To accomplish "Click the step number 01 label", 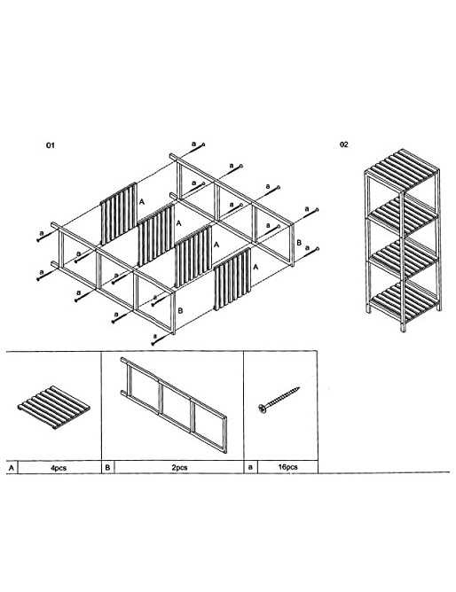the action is tap(51, 145).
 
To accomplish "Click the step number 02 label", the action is tap(344, 144).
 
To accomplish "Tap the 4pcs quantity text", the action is tap(59, 468).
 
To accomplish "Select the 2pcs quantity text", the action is tap(179, 467).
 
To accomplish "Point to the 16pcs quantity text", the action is tap(287, 467).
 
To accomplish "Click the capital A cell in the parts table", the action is tap(12, 468).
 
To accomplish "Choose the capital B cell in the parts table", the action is tap(107, 467).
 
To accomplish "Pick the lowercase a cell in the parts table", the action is tap(250, 467).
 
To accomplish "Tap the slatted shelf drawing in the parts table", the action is tap(54, 408).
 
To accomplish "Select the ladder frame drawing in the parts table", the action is tap(174, 405).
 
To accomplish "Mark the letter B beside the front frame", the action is tap(180, 311).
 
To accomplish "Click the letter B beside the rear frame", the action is tap(299, 243).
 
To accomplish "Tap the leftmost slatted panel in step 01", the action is tap(119, 214).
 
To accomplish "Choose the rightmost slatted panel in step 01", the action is tap(232, 279).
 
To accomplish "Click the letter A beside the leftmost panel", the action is tap(142, 202).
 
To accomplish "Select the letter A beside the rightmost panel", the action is tap(256, 268).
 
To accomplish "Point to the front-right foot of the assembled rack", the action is tap(403, 328).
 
